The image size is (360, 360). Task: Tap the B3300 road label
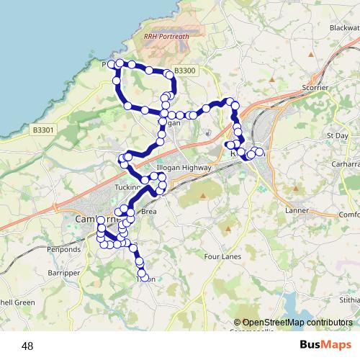[x=184, y=71]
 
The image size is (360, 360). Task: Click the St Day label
[x=337, y=135]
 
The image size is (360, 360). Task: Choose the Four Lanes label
[x=220, y=256]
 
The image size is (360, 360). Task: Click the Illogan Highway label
[x=187, y=168]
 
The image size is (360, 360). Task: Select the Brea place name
[x=149, y=212]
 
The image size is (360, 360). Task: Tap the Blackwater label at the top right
[x=343, y=27]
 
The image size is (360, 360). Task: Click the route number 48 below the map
[x=27, y=346]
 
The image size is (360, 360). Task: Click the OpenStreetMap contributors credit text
[x=292, y=323]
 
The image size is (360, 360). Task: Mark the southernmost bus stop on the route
[x=145, y=278]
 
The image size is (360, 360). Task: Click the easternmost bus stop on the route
[x=259, y=152]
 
